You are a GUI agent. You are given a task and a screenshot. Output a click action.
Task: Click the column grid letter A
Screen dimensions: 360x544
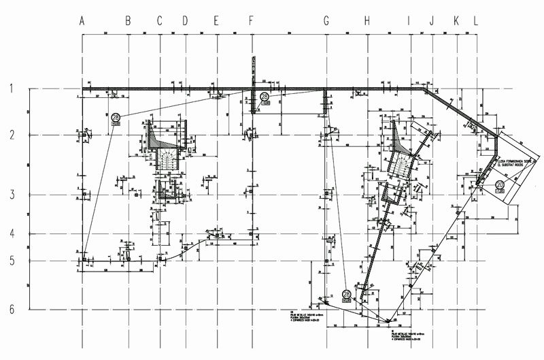click(x=82, y=21)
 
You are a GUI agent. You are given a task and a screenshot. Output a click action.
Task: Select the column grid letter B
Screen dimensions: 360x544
click(x=128, y=21)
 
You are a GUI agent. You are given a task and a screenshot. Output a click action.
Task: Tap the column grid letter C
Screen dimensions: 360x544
click(x=160, y=21)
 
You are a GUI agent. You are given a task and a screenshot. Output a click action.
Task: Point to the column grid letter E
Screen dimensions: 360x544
click(x=216, y=21)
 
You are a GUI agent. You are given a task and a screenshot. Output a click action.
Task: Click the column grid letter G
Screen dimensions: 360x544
click(x=326, y=21)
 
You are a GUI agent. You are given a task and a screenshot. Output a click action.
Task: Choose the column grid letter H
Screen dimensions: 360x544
click(x=367, y=21)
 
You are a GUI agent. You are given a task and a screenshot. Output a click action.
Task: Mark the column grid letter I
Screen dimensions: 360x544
click(x=409, y=21)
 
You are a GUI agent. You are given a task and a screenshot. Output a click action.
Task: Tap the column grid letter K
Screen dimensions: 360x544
click(x=456, y=21)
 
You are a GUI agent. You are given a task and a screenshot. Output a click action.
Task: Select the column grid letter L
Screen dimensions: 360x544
click(x=475, y=21)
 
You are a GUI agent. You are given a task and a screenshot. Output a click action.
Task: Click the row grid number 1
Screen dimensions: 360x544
click(x=12, y=88)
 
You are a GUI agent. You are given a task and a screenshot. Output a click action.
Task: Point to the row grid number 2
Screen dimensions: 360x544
click(x=12, y=135)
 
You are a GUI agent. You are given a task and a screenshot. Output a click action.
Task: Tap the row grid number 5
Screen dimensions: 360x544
click(x=12, y=261)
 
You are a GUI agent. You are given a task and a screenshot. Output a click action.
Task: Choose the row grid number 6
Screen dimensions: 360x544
click(x=12, y=308)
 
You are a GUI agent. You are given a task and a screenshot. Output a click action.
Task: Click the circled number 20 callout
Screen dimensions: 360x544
click(x=500, y=184)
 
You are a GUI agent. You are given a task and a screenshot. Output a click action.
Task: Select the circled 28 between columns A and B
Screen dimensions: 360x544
click(x=116, y=117)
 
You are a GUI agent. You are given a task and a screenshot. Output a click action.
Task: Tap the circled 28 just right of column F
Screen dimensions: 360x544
click(x=265, y=97)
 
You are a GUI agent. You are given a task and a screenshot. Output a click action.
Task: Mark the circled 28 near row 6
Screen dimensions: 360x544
click(x=346, y=294)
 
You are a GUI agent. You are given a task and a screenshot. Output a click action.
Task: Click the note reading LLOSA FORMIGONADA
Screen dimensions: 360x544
click(x=519, y=161)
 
